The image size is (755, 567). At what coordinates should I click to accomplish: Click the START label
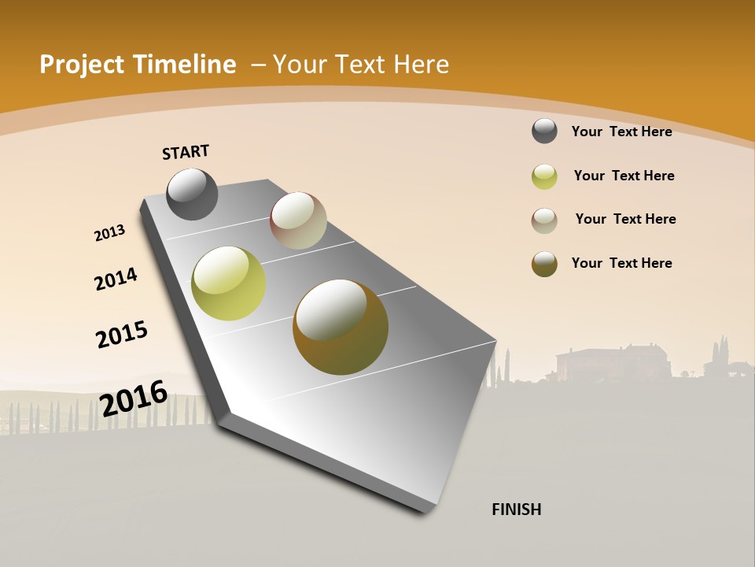(x=186, y=152)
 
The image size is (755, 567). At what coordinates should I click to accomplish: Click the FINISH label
(x=516, y=510)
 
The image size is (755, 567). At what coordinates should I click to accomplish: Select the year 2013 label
(x=109, y=233)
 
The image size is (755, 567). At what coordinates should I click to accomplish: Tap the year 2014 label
(x=116, y=279)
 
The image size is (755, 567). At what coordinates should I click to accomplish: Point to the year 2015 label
(x=122, y=335)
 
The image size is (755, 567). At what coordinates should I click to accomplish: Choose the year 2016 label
(x=134, y=398)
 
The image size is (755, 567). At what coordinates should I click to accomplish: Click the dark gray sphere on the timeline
(x=192, y=195)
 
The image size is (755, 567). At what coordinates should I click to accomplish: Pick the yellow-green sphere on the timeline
(x=228, y=283)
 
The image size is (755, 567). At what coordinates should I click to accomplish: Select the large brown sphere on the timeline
(x=341, y=327)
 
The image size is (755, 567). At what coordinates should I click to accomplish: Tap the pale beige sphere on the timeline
(x=298, y=220)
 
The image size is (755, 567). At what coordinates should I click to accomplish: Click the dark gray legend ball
(x=544, y=132)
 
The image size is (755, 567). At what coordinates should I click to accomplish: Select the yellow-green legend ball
(x=544, y=176)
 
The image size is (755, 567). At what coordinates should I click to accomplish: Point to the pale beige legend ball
(x=544, y=220)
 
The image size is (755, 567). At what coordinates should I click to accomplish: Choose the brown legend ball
(x=544, y=264)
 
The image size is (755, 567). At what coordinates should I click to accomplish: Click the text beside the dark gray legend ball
(x=621, y=132)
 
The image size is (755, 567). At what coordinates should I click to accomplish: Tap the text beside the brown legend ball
(x=621, y=263)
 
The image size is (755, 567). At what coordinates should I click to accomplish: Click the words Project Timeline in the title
(x=138, y=65)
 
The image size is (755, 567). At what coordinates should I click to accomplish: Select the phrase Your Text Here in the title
(x=360, y=65)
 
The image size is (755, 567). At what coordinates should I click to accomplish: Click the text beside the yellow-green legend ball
(x=624, y=176)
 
